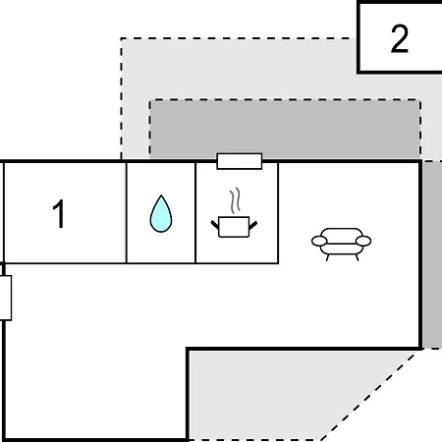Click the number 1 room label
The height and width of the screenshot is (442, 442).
tap(59, 214)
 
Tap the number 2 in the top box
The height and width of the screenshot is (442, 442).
tap(400, 38)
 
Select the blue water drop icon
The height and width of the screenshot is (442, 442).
tap(161, 214)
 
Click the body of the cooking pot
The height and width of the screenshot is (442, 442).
tap(234, 227)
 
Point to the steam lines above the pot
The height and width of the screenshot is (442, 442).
tap(235, 200)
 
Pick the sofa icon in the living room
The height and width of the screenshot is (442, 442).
tap(341, 245)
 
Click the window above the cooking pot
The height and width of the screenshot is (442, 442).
tap(240, 161)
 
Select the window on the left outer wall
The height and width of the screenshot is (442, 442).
tap(6, 298)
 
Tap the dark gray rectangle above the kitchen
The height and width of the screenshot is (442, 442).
tap(285, 129)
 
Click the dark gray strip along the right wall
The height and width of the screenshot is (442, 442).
tap(432, 254)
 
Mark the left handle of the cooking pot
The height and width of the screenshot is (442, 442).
tap(215, 225)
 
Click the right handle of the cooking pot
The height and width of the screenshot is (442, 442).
tap(253, 225)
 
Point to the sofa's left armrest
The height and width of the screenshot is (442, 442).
tap(319, 242)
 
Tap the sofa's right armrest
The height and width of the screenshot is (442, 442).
tap(363, 241)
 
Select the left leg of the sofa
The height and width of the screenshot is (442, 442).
tap(327, 257)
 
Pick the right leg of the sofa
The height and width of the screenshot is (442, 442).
tap(357, 257)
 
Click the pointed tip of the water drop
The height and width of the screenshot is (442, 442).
tap(161, 195)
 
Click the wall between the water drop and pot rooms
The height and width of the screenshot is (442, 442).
tap(195, 213)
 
